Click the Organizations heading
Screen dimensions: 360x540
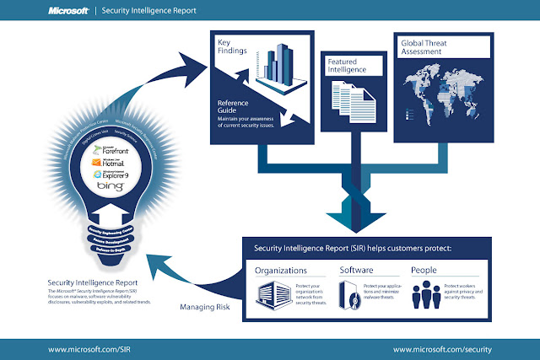(x=281, y=271)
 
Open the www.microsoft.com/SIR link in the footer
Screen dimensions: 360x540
(x=81, y=347)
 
